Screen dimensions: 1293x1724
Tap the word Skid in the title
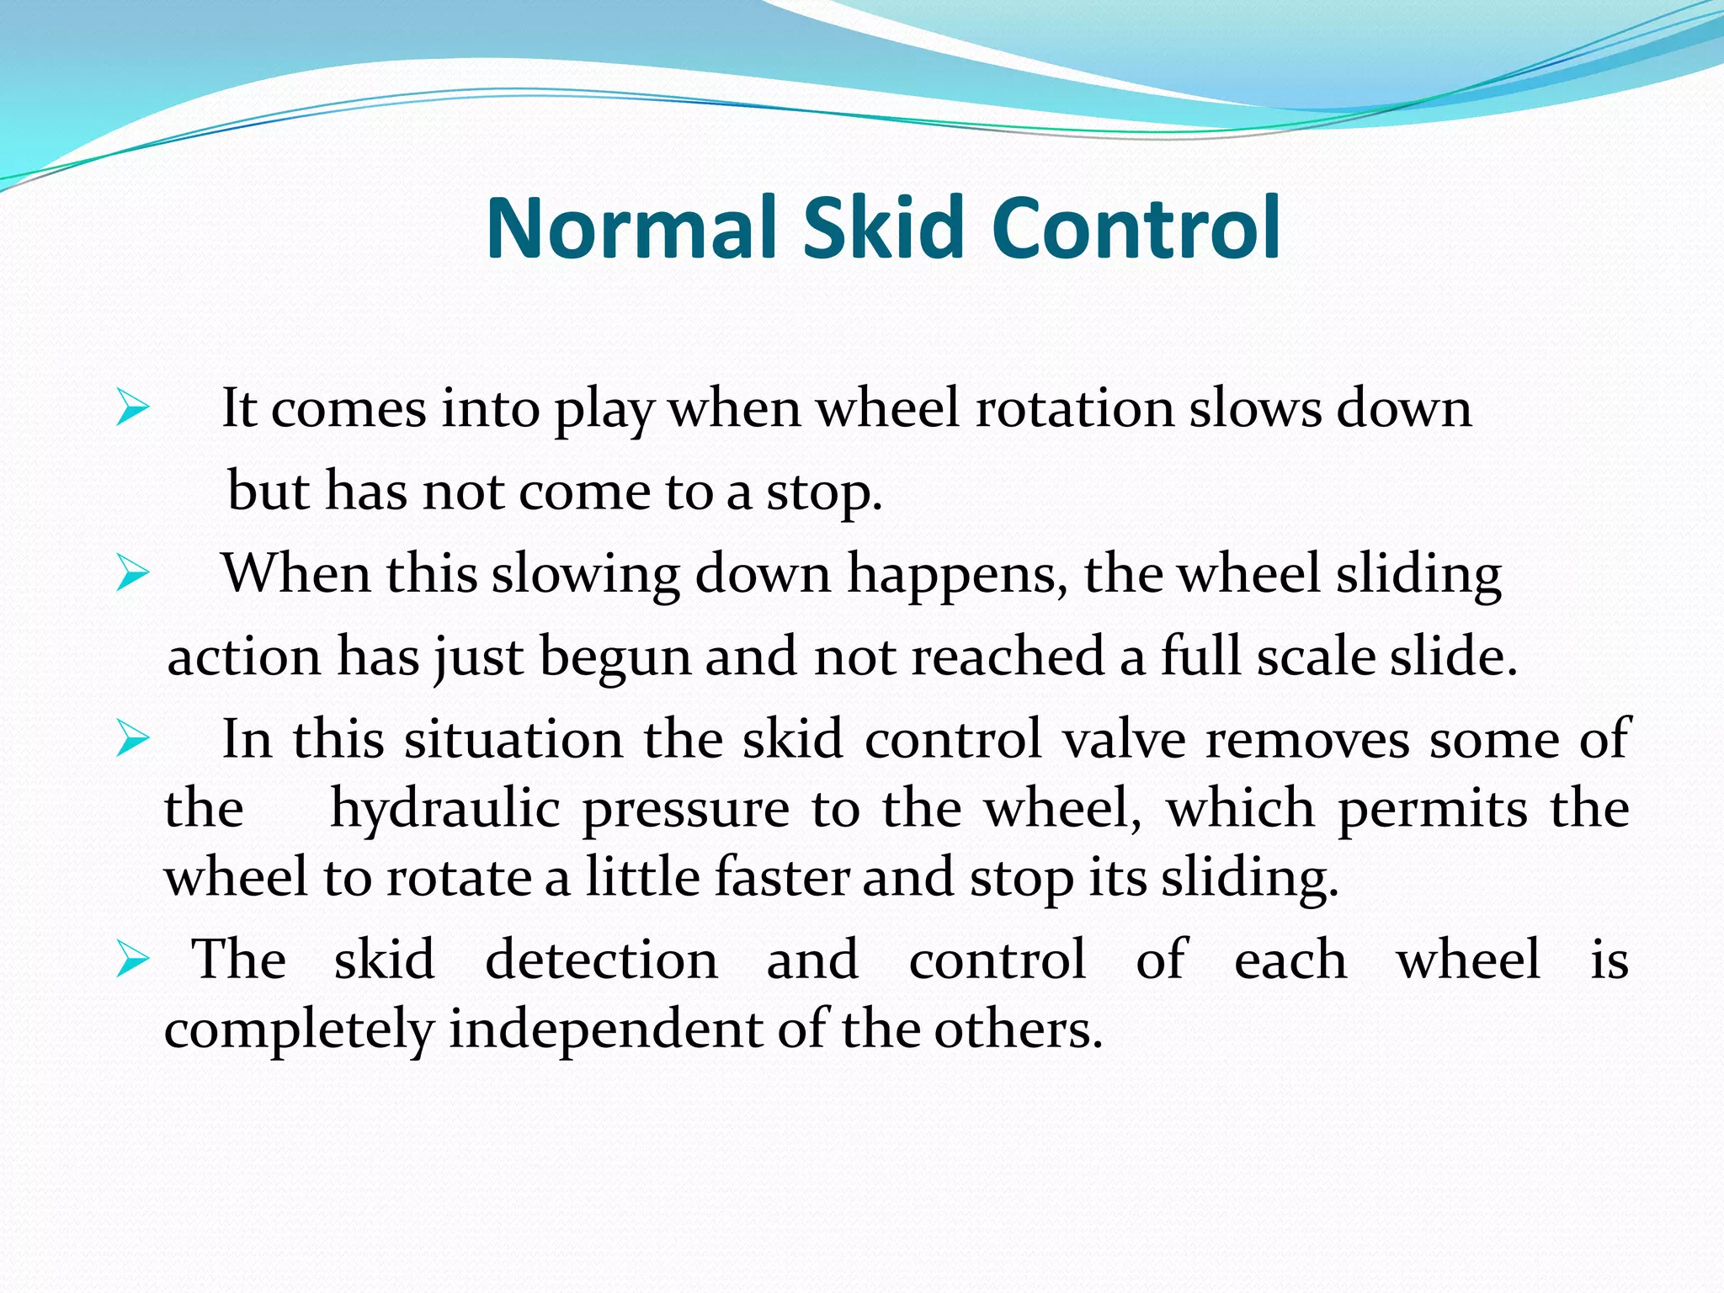[882, 228]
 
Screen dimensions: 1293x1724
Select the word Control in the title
[1136, 228]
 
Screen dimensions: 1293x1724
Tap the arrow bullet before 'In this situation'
[132, 739]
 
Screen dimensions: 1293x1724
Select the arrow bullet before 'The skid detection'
[132, 959]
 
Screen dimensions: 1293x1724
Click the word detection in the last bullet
[601, 959]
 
